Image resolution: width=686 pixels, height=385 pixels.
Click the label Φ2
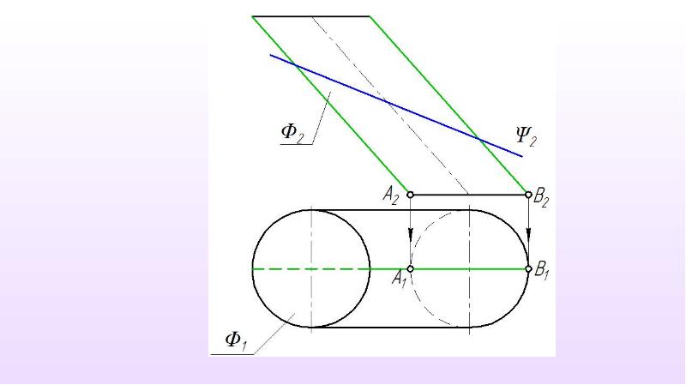(x=292, y=132)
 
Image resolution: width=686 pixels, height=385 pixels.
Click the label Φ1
(x=236, y=341)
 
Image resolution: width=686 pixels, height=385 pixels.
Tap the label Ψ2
(x=526, y=135)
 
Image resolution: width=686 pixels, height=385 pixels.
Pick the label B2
(x=541, y=198)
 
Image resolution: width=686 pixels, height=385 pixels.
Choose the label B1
(x=542, y=270)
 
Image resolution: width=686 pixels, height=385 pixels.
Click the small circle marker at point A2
(x=410, y=195)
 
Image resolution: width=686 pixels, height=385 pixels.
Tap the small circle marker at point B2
(x=528, y=195)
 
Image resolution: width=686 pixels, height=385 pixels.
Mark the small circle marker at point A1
(x=411, y=268)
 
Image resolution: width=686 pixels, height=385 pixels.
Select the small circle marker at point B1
(x=528, y=268)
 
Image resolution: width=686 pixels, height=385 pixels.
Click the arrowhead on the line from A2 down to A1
(x=411, y=236)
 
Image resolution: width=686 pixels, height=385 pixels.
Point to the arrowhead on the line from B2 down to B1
(x=528, y=234)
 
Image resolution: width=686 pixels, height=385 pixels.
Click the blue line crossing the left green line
(x=295, y=66)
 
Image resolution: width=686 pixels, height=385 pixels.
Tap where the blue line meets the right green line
(x=479, y=140)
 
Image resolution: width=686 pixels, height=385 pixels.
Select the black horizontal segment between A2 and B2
(x=469, y=195)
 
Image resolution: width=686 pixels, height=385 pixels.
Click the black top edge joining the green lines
(x=311, y=16)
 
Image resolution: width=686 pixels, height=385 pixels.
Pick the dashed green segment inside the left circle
(x=311, y=268)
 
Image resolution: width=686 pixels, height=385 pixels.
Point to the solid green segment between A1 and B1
(x=469, y=268)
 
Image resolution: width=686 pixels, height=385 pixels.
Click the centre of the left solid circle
(x=311, y=268)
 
